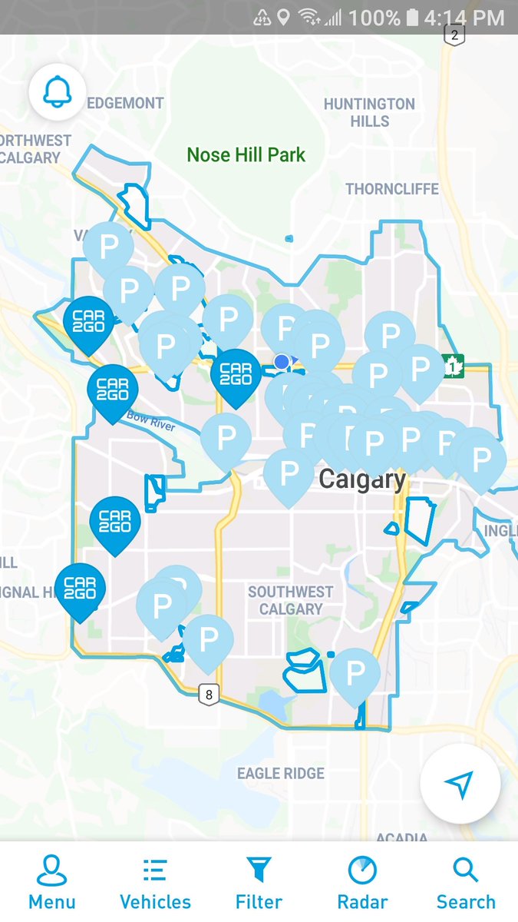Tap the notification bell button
(x=57, y=92)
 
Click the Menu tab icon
(x=52, y=872)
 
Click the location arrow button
(x=460, y=784)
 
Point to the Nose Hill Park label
(x=246, y=155)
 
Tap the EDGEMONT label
(x=126, y=103)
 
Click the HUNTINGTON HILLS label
(x=369, y=112)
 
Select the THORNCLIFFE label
(x=392, y=189)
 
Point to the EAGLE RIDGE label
(x=281, y=774)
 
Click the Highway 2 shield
(x=455, y=35)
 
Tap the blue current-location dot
(x=282, y=362)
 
